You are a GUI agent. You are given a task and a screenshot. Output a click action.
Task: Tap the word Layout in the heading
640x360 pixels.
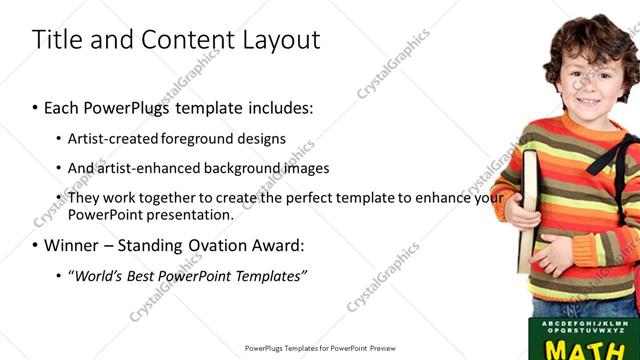coord(281,40)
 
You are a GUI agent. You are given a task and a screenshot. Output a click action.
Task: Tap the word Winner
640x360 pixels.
coord(71,245)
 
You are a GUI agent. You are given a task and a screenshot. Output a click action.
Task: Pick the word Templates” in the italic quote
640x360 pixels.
coord(270,275)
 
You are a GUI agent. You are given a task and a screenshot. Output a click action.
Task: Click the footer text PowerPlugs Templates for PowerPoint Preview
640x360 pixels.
coord(320,349)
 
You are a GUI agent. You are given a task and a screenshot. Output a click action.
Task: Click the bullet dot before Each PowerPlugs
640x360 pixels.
coord(36,106)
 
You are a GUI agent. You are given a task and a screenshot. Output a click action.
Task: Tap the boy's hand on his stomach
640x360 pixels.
coord(547,255)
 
